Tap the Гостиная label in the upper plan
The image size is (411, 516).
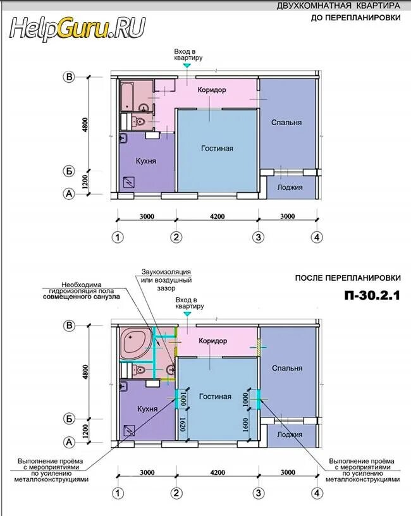pos(217,149)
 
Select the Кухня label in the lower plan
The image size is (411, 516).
pos(147,409)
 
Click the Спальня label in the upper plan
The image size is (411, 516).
pos(286,123)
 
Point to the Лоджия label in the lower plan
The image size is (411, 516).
pos(290,434)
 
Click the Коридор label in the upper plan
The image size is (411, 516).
pos(212,90)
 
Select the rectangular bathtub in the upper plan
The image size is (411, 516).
pos(127,97)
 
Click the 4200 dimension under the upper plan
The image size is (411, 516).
pos(218,216)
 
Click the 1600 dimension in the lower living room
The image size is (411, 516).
pos(245,425)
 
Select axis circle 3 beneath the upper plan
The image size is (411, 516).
pos(259,237)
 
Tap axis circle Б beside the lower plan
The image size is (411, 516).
pos(69,419)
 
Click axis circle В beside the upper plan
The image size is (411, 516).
pos(69,77)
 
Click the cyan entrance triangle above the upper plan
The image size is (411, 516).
pos(187,66)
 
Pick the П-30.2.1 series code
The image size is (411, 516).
pos(372,295)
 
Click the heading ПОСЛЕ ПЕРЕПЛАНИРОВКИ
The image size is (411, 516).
pos(348,278)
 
